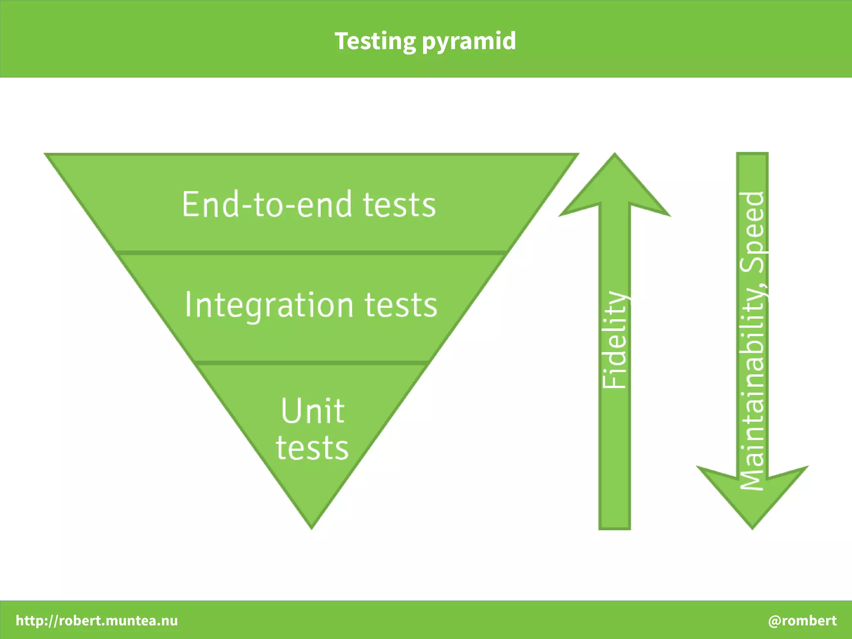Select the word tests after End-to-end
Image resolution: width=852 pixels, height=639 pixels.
click(x=399, y=205)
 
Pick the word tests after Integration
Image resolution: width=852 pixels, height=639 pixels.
click(x=401, y=305)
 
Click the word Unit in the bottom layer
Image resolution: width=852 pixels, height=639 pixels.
click(x=312, y=411)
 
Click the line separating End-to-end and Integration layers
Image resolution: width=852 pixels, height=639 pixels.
click(x=312, y=252)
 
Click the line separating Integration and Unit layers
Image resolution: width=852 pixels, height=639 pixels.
click(x=312, y=363)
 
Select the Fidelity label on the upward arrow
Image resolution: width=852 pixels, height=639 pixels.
click(x=614, y=340)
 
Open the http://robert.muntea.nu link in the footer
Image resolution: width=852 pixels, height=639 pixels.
click(x=97, y=620)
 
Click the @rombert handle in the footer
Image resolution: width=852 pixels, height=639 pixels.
click(x=802, y=620)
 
